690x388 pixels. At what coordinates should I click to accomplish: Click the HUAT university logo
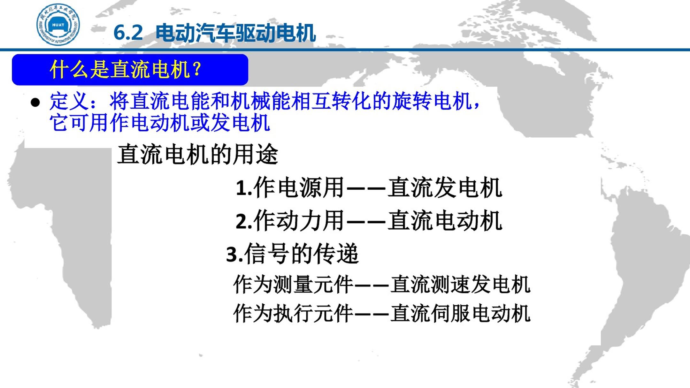tap(58, 25)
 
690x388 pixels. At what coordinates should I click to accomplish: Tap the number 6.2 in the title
tap(128, 33)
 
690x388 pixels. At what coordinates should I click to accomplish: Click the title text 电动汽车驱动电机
tap(236, 33)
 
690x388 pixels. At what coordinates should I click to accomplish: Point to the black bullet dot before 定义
tap(35, 103)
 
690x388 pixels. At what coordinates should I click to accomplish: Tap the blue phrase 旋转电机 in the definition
tap(432, 101)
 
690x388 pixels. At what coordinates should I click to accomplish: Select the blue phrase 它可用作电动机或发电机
tap(160, 123)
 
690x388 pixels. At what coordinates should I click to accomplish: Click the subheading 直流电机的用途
tap(198, 154)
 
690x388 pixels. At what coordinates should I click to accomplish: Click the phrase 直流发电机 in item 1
tap(445, 187)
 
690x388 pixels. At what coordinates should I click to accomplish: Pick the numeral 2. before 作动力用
tap(244, 221)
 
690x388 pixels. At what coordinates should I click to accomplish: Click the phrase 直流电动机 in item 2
tap(445, 221)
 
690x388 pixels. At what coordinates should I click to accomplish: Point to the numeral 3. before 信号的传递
tap(235, 255)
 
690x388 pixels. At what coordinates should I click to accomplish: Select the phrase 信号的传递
tap(302, 254)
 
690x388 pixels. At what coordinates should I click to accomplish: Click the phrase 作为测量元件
tap(293, 284)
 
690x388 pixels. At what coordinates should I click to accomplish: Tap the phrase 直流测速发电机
tap(460, 284)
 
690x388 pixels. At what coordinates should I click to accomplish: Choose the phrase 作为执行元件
tap(293, 313)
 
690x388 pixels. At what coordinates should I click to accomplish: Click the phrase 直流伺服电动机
tap(460, 313)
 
